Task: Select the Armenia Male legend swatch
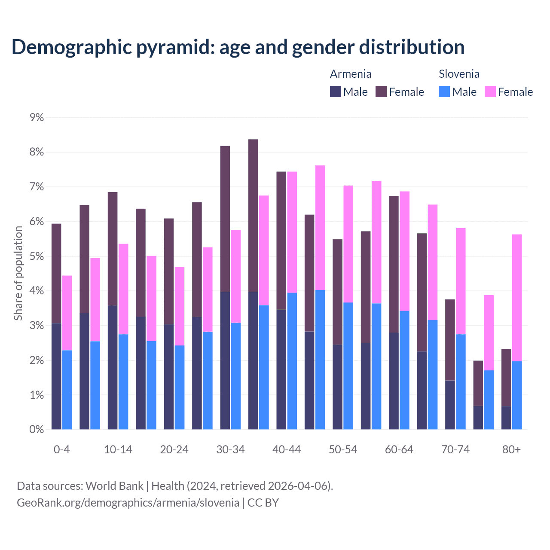pyautogui.click(x=335, y=92)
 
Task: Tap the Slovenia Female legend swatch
pyautogui.click(x=490, y=92)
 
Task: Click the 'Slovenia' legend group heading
pyautogui.click(x=459, y=74)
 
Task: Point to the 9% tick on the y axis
pyautogui.click(x=37, y=117)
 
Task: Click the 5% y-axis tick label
pyautogui.click(x=37, y=257)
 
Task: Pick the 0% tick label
pyautogui.click(x=37, y=429)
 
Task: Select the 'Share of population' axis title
pyautogui.click(x=18, y=273)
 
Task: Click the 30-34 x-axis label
pyautogui.click(x=230, y=449)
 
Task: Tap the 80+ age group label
pyautogui.click(x=511, y=449)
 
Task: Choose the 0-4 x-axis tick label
pyautogui.click(x=61, y=449)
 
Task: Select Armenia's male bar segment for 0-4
pyautogui.click(x=56, y=376)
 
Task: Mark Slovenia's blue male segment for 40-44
pyautogui.click(x=292, y=361)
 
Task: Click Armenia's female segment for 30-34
pyautogui.click(x=225, y=219)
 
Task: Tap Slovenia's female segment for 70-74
pyautogui.click(x=461, y=281)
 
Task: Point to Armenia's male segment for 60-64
pyautogui.click(x=394, y=381)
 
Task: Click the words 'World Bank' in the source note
pyautogui.click(x=114, y=486)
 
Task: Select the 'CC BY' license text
pyautogui.click(x=263, y=503)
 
